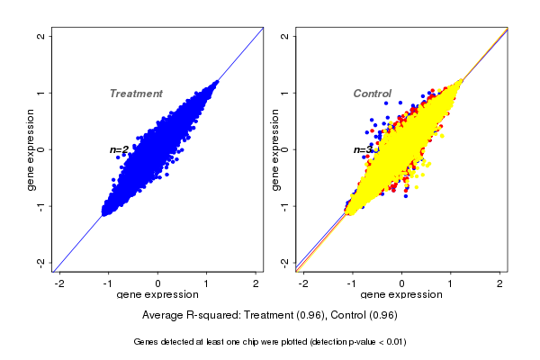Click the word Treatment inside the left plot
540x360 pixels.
pos(136,94)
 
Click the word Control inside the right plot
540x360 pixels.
pos(372,94)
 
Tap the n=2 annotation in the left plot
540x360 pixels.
pos(119,149)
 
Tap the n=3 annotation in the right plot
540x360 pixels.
pos(363,149)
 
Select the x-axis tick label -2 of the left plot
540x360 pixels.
pos(59,283)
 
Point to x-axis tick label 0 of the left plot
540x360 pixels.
pos(158,283)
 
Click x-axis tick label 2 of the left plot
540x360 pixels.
pos(256,283)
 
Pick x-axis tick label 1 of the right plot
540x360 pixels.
pos(451,283)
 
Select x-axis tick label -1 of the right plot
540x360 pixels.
pos(352,283)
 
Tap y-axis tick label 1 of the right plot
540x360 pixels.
pos(285,93)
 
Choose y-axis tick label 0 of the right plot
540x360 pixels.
pos(285,149)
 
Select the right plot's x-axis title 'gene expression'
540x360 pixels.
pos(401,295)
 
